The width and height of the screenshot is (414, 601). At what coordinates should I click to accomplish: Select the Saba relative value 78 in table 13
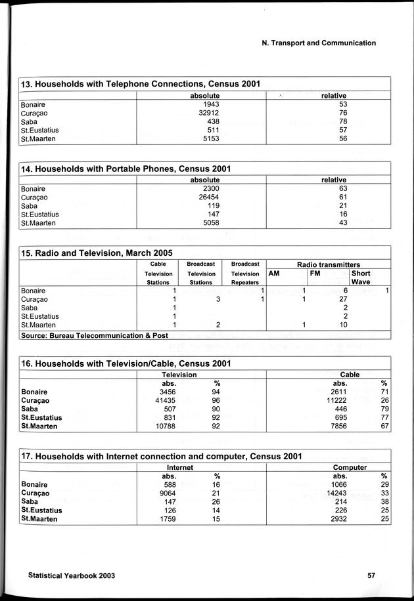[x=342, y=121]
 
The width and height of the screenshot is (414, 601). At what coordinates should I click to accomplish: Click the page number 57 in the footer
[x=371, y=575]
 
